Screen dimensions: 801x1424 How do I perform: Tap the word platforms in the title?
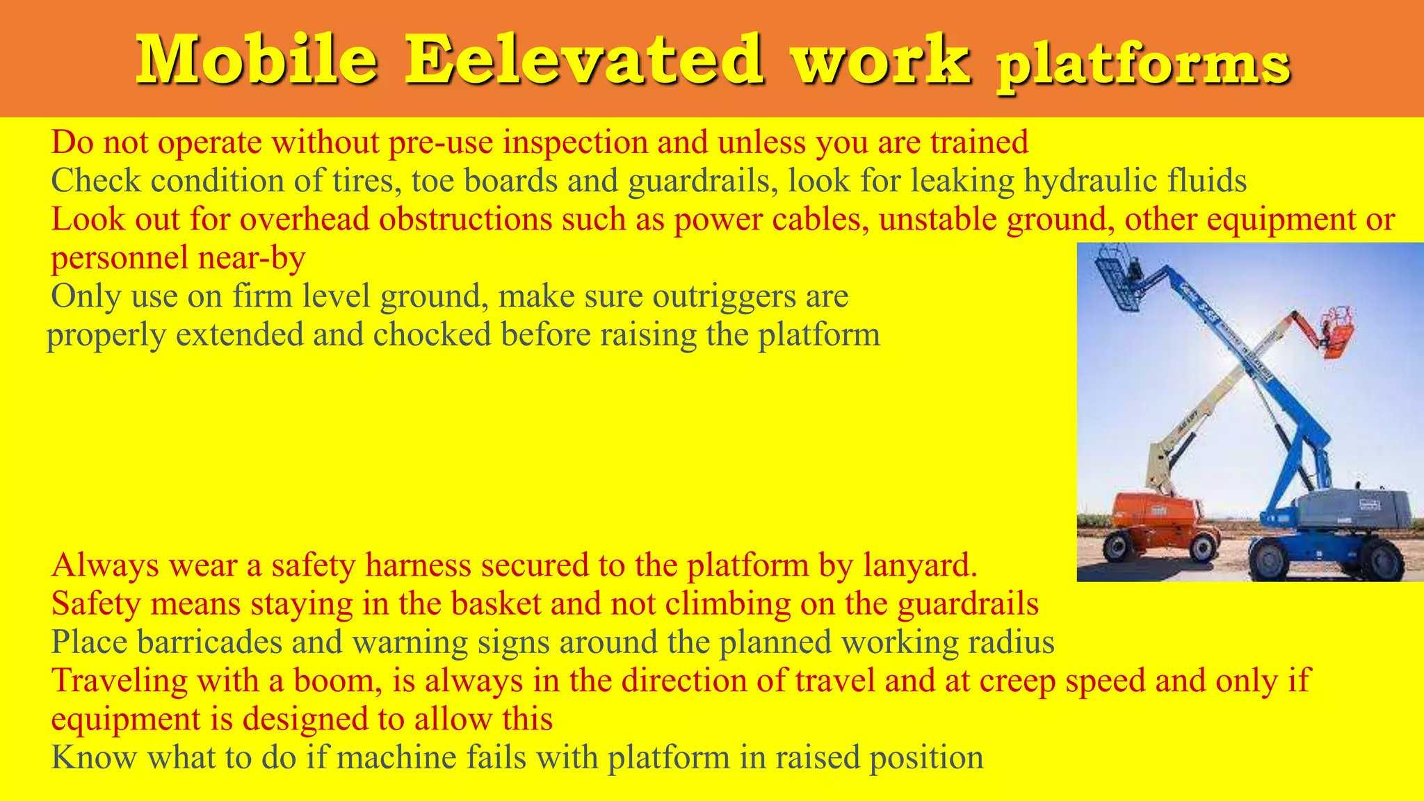[x=1143, y=66]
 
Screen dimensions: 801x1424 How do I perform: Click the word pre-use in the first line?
[x=441, y=143]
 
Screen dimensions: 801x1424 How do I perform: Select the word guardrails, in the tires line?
[x=703, y=181]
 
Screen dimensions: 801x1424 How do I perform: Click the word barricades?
[x=209, y=642]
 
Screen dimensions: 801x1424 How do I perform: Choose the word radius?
[x=1017, y=642]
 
